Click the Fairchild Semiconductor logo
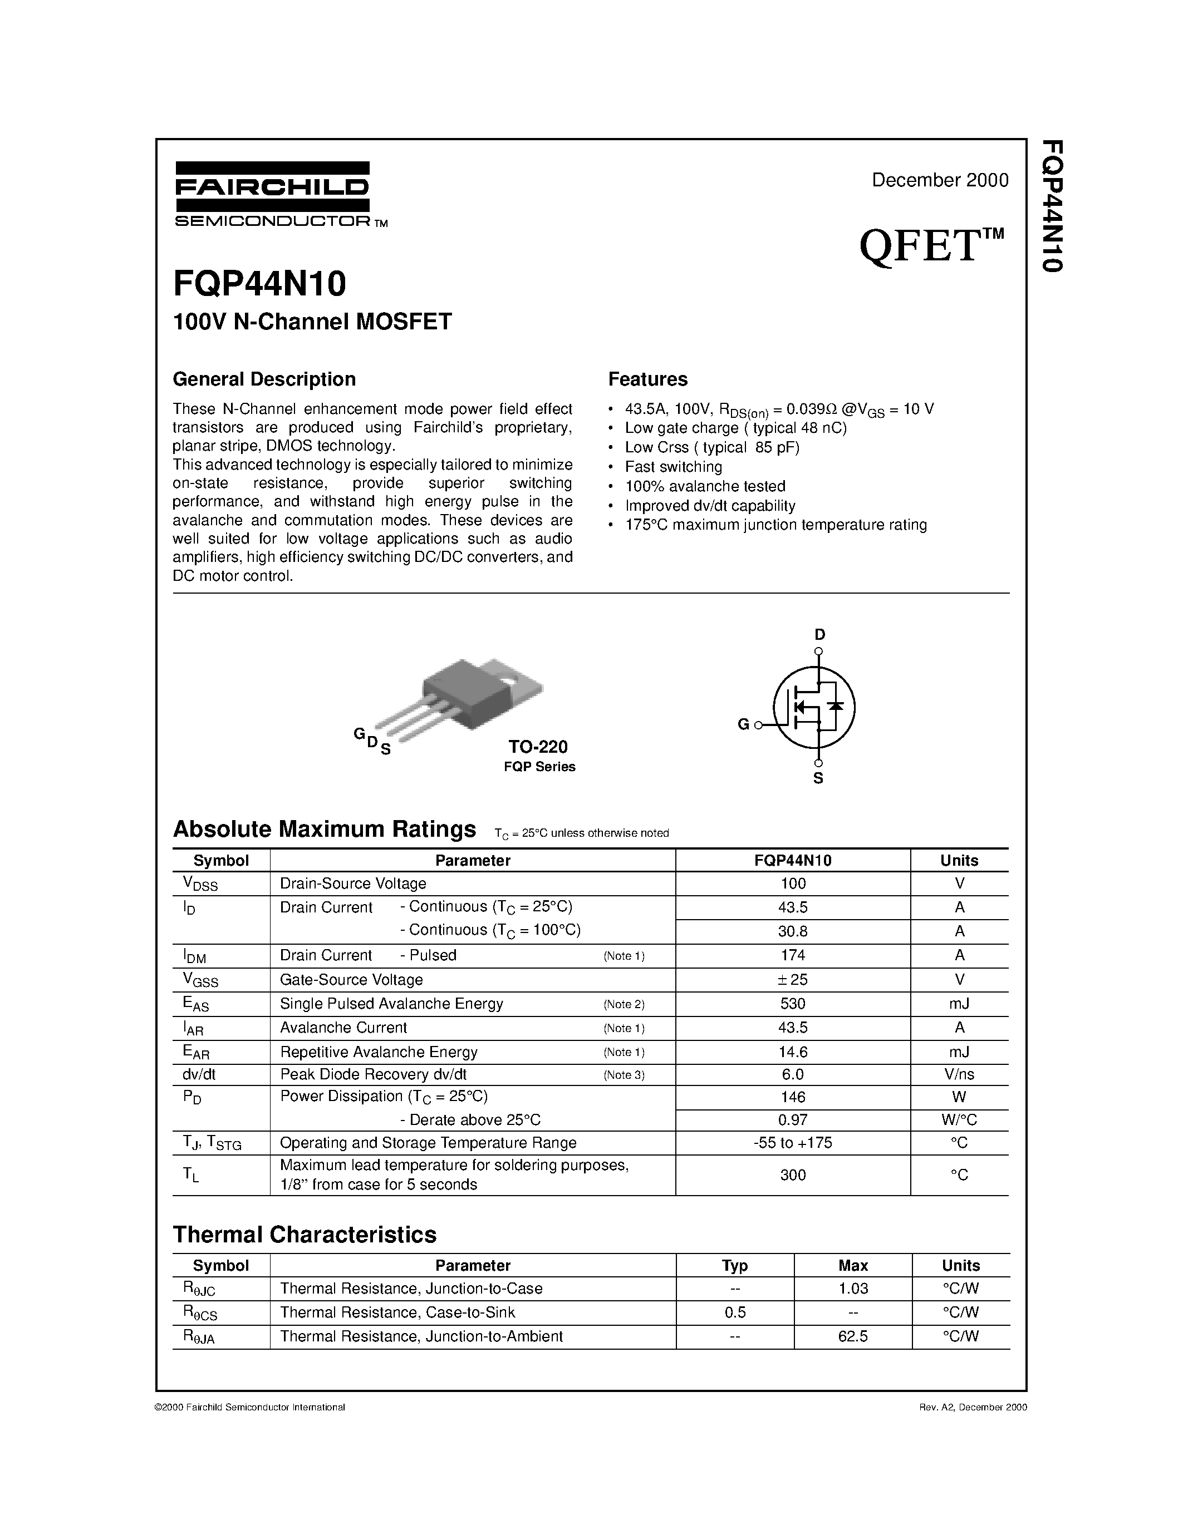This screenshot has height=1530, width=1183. (273, 194)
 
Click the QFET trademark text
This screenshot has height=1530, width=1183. (931, 246)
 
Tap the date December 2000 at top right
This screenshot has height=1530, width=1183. (939, 180)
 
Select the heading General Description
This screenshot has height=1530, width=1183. (264, 379)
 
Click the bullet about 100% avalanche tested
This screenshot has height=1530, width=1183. (704, 486)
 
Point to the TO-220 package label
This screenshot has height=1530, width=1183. (538, 746)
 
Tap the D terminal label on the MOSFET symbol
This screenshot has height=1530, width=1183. (819, 635)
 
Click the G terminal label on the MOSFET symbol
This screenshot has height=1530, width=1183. (744, 724)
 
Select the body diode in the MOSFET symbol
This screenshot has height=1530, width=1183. (836, 705)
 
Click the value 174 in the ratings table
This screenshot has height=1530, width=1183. (793, 955)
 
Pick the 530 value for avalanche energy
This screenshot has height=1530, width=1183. (793, 1003)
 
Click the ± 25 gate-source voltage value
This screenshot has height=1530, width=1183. (793, 979)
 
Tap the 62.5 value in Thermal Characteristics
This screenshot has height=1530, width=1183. (852, 1336)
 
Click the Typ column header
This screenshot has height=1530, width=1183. (734, 1265)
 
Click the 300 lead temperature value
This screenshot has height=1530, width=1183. (793, 1175)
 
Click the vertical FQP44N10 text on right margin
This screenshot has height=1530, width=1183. (1053, 205)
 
